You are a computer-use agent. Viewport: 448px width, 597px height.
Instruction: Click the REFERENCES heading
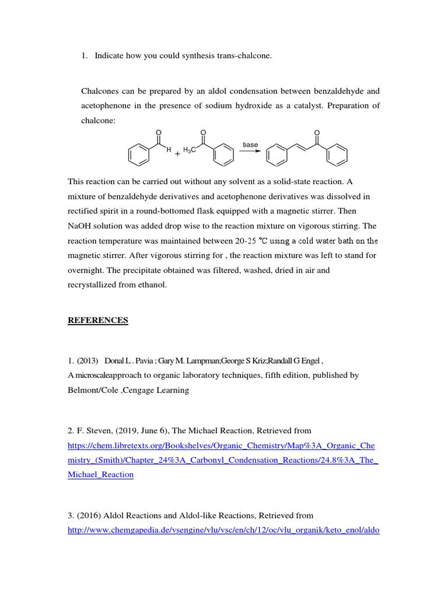pyautogui.click(x=98, y=320)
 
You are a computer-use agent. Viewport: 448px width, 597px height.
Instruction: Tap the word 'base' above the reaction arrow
pyautogui.click(x=250, y=145)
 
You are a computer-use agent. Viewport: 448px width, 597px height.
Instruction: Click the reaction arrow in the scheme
pyautogui.click(x=250, y=152)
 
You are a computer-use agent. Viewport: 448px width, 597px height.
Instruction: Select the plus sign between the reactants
pyautogui.click(x=177, y=155)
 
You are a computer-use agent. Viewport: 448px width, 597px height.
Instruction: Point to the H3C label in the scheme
pyautogui.click(x=190, y=150)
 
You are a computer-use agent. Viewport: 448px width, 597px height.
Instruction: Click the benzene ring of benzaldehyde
pyautogui.click(x=138, y=155)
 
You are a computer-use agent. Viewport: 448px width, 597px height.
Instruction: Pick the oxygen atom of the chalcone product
pyautogui.click(x=317, y=132)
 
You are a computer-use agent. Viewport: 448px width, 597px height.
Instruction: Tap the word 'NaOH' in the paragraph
pyautogui.click(x=79, y=226)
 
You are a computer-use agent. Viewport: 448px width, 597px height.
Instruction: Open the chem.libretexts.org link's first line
pyautogui.click(x=221, y=445)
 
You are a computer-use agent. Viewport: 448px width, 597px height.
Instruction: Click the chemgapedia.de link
pyautogui.click(x=223, y=531)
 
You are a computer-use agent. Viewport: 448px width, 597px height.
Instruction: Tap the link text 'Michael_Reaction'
pyautogui.click(x=100, y=475)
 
